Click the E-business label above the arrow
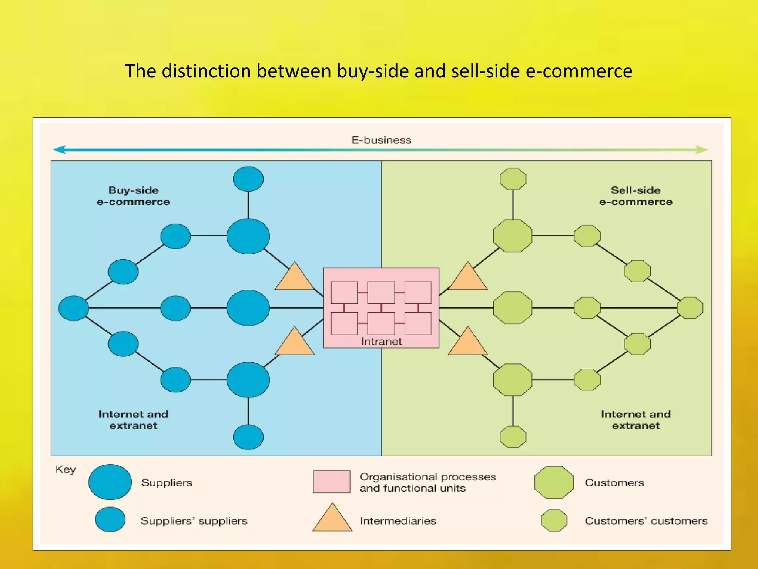click(381, 140)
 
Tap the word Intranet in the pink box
click(381, 341)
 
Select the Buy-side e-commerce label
click(133, 196)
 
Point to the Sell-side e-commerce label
click(635, 196)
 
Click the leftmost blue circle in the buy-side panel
click(74, 308)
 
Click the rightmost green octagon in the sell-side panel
click(690, 308)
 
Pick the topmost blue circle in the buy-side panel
click(248, 179)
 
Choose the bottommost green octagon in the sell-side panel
click(513, 437)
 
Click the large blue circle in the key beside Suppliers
click(110, 482)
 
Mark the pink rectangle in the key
click(332, 482)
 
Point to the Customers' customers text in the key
click(646, 521)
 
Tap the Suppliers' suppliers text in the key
click(194, 521)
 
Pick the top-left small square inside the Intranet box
click(344, 293)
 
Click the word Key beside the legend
click(66, 469)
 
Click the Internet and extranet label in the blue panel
click(133, 420)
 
